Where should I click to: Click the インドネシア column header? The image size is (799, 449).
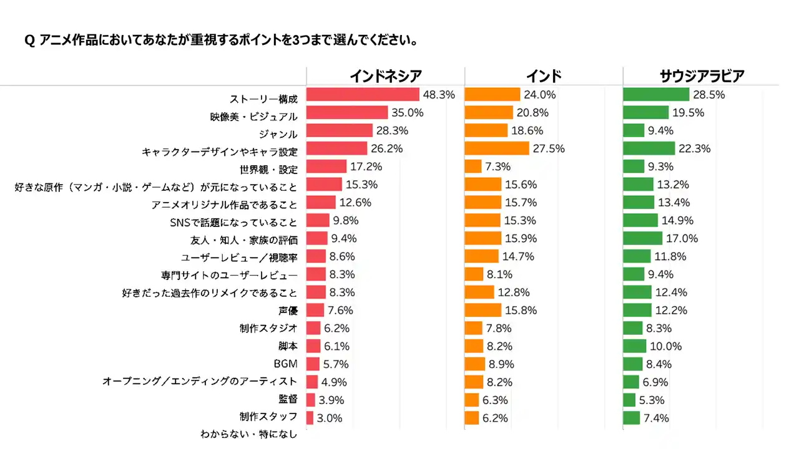pyautogui.click(x=385, y=76)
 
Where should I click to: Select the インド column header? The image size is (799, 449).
pyautogui.click(x=543, y=76)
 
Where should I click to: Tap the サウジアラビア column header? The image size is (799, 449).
pyautogui.click(x=702, y=76)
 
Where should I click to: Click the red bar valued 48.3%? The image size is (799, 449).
pyautogui.click(x=363, y=95)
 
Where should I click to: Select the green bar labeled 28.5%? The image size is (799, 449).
pyautogui.click(x=656, y=95)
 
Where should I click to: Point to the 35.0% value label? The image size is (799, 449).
pyautogui.click(x=408, y=113)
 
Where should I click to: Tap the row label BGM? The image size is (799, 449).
pyautogui.click(x=287, y=364)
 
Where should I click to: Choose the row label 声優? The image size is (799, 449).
pyautogui.click(x=288, y=310)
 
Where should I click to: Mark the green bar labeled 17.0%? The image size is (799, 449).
pyautogui.click(x=643, y=238)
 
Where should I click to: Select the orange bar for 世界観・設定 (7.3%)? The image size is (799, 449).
pyautogui.click(x=473, y=167)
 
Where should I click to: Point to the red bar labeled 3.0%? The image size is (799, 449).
pyautogui.click(x=310, y=418)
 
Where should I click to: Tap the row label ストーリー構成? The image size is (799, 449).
pyautogui.click(x=264, y=99)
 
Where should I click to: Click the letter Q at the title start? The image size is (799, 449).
pyautogui.click(x=29, y=41)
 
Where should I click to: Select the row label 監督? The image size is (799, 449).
pyautogui.click(x=288, y=399)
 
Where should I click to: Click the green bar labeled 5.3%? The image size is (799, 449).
pyautogui.click(x=629, y=400)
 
